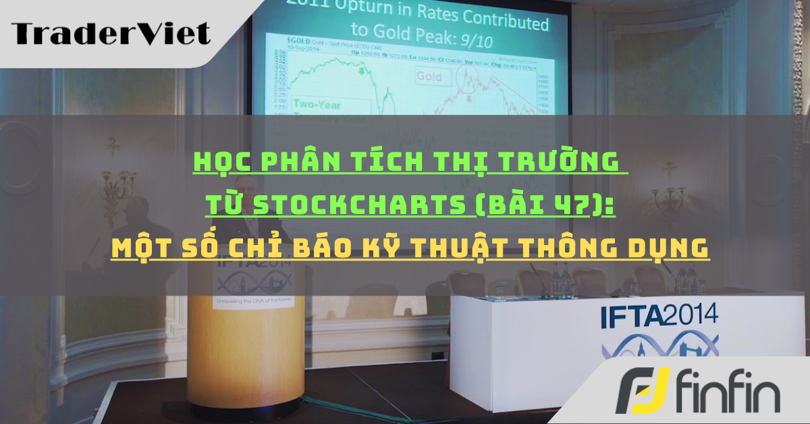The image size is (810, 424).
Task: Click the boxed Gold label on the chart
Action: [x=429, y=77]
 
